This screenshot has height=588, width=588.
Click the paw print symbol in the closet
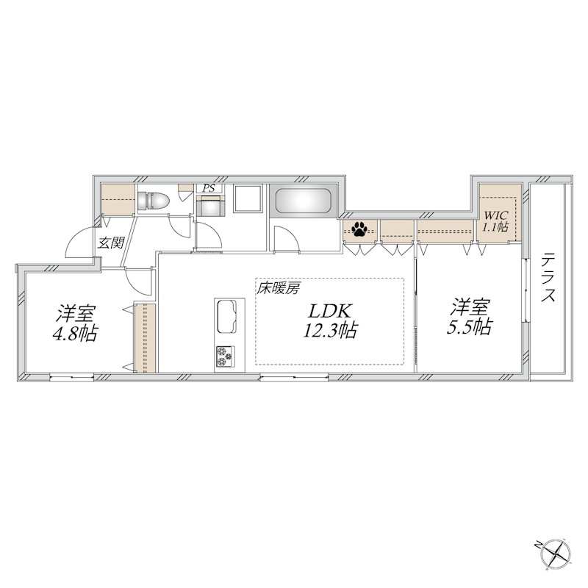[360, 230]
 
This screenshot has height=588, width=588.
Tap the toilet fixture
[155, 201]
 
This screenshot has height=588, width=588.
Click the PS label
[209, 188]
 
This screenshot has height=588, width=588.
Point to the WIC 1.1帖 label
[495, 221]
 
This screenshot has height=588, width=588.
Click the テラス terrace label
[548, 279]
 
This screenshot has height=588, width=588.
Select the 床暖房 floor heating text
[278, 289]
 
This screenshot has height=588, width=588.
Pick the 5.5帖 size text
[470, 327]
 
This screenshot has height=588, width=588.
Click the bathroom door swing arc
[282, 240]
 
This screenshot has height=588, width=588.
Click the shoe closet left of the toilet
[118, 199]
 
